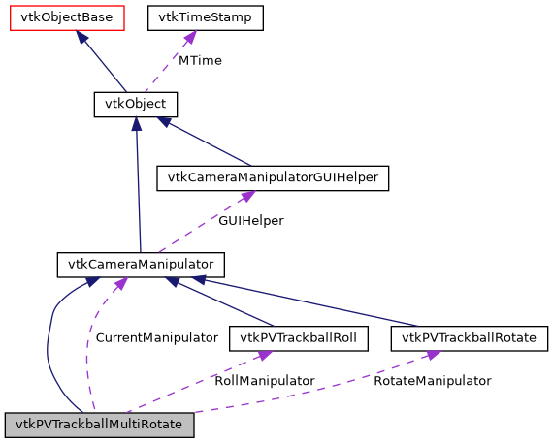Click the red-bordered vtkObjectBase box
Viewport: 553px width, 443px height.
pyautogui.click(x=67, y=17)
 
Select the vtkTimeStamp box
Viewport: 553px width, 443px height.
pyautogui.click(x=205, y=17)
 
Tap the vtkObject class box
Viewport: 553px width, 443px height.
pyautogui.click(x=135, y=104)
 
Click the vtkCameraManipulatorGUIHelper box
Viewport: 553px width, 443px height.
pyautogui.click(x=273, y=177)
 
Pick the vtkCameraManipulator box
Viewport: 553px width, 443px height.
pyautogui.click(x=141, y=264)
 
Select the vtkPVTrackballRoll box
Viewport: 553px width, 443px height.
pyautogui.click(x=298, y=338)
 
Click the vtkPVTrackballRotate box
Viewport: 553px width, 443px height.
pyautogui.click(x=470, y=338)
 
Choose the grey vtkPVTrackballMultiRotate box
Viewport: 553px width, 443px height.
pyautogui.click(x=100, y=425)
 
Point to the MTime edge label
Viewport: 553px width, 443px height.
pyautogui.click(x=200, y=60)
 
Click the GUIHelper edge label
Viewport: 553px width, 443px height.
pyautogui.click(x=250, y=221)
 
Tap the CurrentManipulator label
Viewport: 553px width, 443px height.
pyautogui.click(x=156, y=338)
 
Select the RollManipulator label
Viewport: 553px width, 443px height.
pyautogui.click(x=264, y=381)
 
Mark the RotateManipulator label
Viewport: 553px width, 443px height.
pyautogui.click(x=433, y=381)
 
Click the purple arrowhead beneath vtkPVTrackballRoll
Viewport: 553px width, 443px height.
pyautogui.click(x=268, y=357)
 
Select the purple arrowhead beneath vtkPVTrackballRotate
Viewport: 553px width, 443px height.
pyautogui.click(x=434, y=358)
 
